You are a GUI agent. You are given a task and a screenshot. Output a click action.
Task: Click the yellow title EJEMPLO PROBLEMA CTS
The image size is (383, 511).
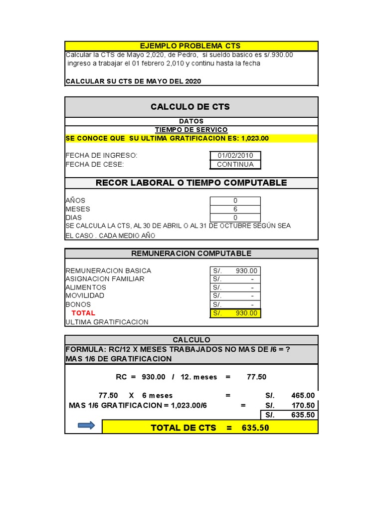191,46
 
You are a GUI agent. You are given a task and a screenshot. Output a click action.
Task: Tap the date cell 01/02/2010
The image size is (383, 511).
235,156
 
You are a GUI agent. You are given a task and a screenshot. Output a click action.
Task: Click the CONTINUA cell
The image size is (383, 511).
235,164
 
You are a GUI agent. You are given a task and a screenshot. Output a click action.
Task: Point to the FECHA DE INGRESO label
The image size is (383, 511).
101,156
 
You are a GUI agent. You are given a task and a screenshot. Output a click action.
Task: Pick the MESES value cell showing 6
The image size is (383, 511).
235,209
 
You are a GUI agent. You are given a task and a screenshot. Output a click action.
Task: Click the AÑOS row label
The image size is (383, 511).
75,201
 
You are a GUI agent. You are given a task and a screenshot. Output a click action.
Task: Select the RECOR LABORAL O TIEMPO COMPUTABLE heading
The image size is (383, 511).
191,183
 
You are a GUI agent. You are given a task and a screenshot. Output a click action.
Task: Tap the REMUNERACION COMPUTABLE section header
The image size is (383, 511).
191,254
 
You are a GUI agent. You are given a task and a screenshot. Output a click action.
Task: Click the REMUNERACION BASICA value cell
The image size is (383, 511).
235,270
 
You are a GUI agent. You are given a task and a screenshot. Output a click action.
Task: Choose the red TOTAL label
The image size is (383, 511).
83,313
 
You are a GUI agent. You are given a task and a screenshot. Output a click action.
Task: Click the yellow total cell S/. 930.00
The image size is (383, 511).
235,313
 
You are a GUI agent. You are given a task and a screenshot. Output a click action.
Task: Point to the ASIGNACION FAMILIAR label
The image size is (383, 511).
105,279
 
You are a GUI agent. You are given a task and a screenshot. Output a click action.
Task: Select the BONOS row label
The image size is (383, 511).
78,304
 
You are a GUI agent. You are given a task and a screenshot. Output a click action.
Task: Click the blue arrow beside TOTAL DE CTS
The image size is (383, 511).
86,426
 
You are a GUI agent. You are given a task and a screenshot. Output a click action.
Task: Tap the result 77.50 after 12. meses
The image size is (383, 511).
257,377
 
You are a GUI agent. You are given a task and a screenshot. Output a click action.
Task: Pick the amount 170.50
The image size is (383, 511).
303,405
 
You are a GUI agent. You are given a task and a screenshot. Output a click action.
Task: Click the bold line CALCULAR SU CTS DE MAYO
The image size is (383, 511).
133,81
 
